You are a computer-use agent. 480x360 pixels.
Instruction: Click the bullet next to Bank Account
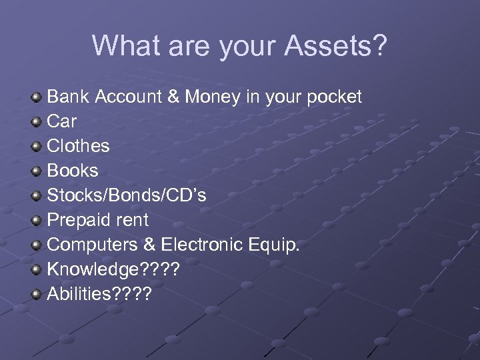coord(37,97)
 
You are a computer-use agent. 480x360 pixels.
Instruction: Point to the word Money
coord(213,97)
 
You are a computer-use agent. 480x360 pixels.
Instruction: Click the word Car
coord(61,122)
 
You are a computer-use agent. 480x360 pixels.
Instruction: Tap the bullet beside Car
coord(37,122)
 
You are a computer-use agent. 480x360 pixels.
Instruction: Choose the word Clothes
coord(78,146)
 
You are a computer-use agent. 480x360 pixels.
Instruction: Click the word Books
coord(72,171)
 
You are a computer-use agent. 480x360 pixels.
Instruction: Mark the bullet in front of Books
coord(37,171)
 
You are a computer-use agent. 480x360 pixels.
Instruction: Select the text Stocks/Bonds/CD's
coord(126,195)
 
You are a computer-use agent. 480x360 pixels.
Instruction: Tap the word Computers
coord(92,245)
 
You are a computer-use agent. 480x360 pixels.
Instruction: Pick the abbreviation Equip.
coord(275,245)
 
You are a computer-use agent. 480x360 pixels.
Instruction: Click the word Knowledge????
coord(113,269)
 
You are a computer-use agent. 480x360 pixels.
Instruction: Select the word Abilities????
coord(99,293)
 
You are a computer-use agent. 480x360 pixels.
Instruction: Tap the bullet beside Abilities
coord(37,293)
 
